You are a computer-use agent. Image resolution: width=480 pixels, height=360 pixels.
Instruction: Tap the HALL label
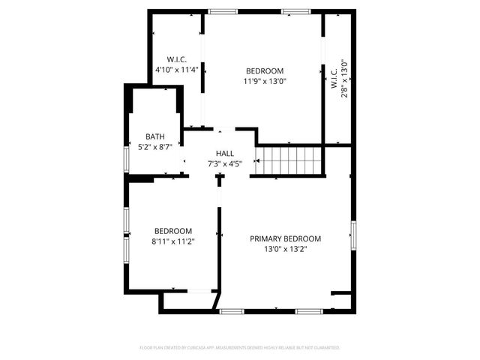(225, 153)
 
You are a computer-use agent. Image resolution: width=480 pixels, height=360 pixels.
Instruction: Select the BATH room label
(155, 136)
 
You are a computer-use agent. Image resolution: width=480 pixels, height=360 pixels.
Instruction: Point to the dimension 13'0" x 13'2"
(285, 249)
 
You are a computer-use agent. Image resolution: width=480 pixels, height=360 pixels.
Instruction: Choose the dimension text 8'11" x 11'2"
(173, 241)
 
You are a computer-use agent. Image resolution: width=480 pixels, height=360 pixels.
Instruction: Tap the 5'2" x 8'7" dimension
(155, 148)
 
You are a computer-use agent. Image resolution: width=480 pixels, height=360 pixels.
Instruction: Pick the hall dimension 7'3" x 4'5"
(225, 163)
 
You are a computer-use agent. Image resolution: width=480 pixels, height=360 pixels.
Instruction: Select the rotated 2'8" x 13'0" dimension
(344, 75)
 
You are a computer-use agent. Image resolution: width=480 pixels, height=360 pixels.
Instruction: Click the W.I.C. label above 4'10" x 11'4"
(176, 59)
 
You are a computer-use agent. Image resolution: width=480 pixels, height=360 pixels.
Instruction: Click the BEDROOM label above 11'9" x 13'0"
(265, 70)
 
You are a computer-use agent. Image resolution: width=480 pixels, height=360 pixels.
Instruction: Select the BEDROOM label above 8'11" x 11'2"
(173, 230)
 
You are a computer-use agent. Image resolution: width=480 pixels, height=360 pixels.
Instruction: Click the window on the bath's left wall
(126, 158)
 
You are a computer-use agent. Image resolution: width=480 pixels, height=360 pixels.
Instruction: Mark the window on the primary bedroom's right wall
(352, 233)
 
